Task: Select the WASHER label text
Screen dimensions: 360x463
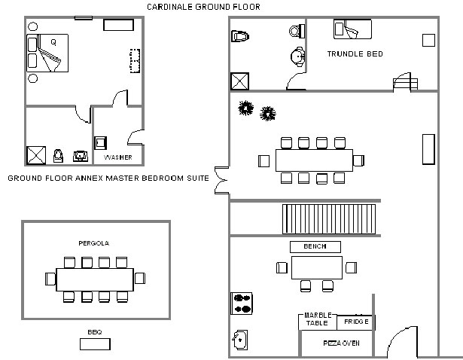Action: [x=118, y=157]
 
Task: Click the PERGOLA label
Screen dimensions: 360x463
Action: [x=94, y=243]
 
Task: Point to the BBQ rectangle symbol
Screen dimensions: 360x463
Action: [x=95, y=344]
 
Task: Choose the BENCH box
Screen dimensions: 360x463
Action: [x=315, y=246]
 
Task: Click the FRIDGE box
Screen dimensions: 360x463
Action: [x=355, y=322]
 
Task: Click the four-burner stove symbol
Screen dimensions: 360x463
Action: [x=241, y=303]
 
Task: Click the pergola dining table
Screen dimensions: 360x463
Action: [x=94, y=278]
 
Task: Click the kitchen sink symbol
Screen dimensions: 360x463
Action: [x=239, y=340]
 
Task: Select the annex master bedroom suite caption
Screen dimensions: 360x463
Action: [x=108, y=178]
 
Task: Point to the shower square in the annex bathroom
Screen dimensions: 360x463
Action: [x=37, y=154]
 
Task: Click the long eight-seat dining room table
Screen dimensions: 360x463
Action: [x=314, y=160]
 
